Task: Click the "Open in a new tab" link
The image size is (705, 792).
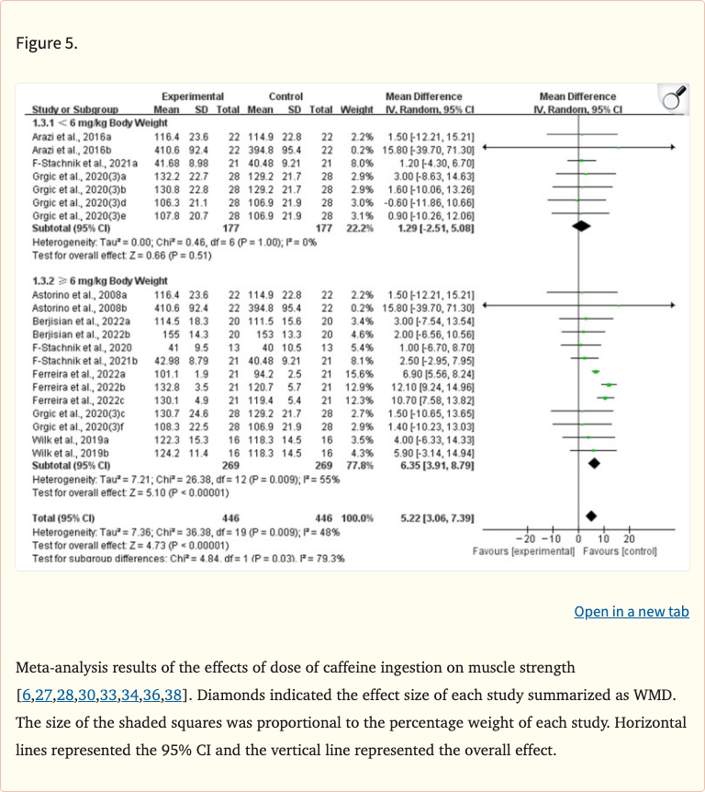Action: [631, 612]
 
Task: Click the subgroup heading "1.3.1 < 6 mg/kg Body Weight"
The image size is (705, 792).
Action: [100, 122]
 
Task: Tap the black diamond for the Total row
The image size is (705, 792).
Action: [591, 517]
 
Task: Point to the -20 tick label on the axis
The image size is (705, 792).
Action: [525, 537]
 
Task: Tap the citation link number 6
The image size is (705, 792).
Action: [24, 693]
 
